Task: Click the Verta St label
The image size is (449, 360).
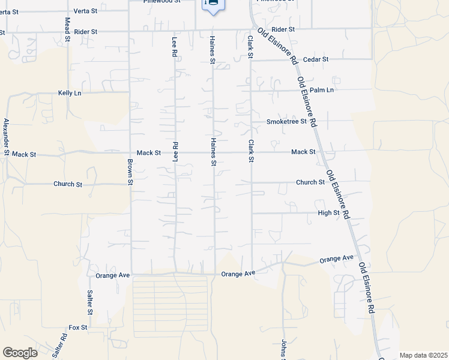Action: click(86, 11)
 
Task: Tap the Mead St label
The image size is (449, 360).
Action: click(67, 29)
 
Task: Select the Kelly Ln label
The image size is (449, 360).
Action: click(70, 93)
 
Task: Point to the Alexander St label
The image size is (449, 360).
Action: click(7, 137)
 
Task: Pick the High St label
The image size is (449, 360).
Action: click(329, 213)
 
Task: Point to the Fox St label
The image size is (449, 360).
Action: click(78, 328)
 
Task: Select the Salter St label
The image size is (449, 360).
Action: click(89, 302)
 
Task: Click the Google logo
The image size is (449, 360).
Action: click(20, 353)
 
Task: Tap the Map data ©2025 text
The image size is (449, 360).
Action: click(423, 355)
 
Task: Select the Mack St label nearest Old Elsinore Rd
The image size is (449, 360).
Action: click(303, 152)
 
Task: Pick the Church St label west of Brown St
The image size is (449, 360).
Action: click(67, 184)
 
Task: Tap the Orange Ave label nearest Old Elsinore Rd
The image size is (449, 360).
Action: click(336, 259)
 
